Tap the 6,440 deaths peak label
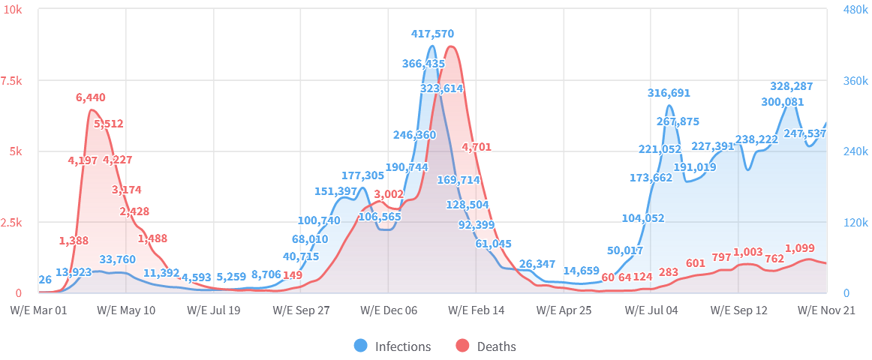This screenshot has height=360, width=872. [91, 97]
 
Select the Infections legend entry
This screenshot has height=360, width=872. [393, 346]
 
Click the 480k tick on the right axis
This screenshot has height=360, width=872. [855, 10]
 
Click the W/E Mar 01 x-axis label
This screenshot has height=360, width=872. [38, 310]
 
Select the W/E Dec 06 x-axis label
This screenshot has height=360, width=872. [389, 310]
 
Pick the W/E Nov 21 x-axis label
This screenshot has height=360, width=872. [826, 310]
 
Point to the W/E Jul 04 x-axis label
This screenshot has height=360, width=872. [651, 310]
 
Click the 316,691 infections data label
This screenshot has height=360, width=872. [669, 93]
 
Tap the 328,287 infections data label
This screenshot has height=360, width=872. [792, 86]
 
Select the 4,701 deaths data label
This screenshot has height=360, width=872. [477, 147]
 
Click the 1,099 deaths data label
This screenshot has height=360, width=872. [800, 248]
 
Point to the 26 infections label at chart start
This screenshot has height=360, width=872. [45, 280]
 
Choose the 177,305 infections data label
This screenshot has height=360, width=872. [362, 175]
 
